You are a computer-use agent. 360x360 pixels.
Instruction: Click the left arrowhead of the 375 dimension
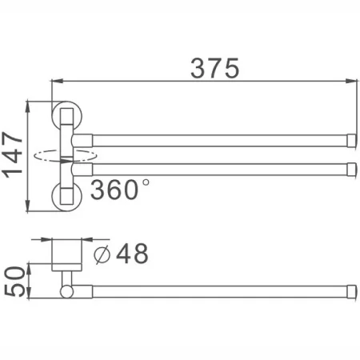point(55,81)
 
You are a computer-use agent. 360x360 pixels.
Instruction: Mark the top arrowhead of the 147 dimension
point(29,104)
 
